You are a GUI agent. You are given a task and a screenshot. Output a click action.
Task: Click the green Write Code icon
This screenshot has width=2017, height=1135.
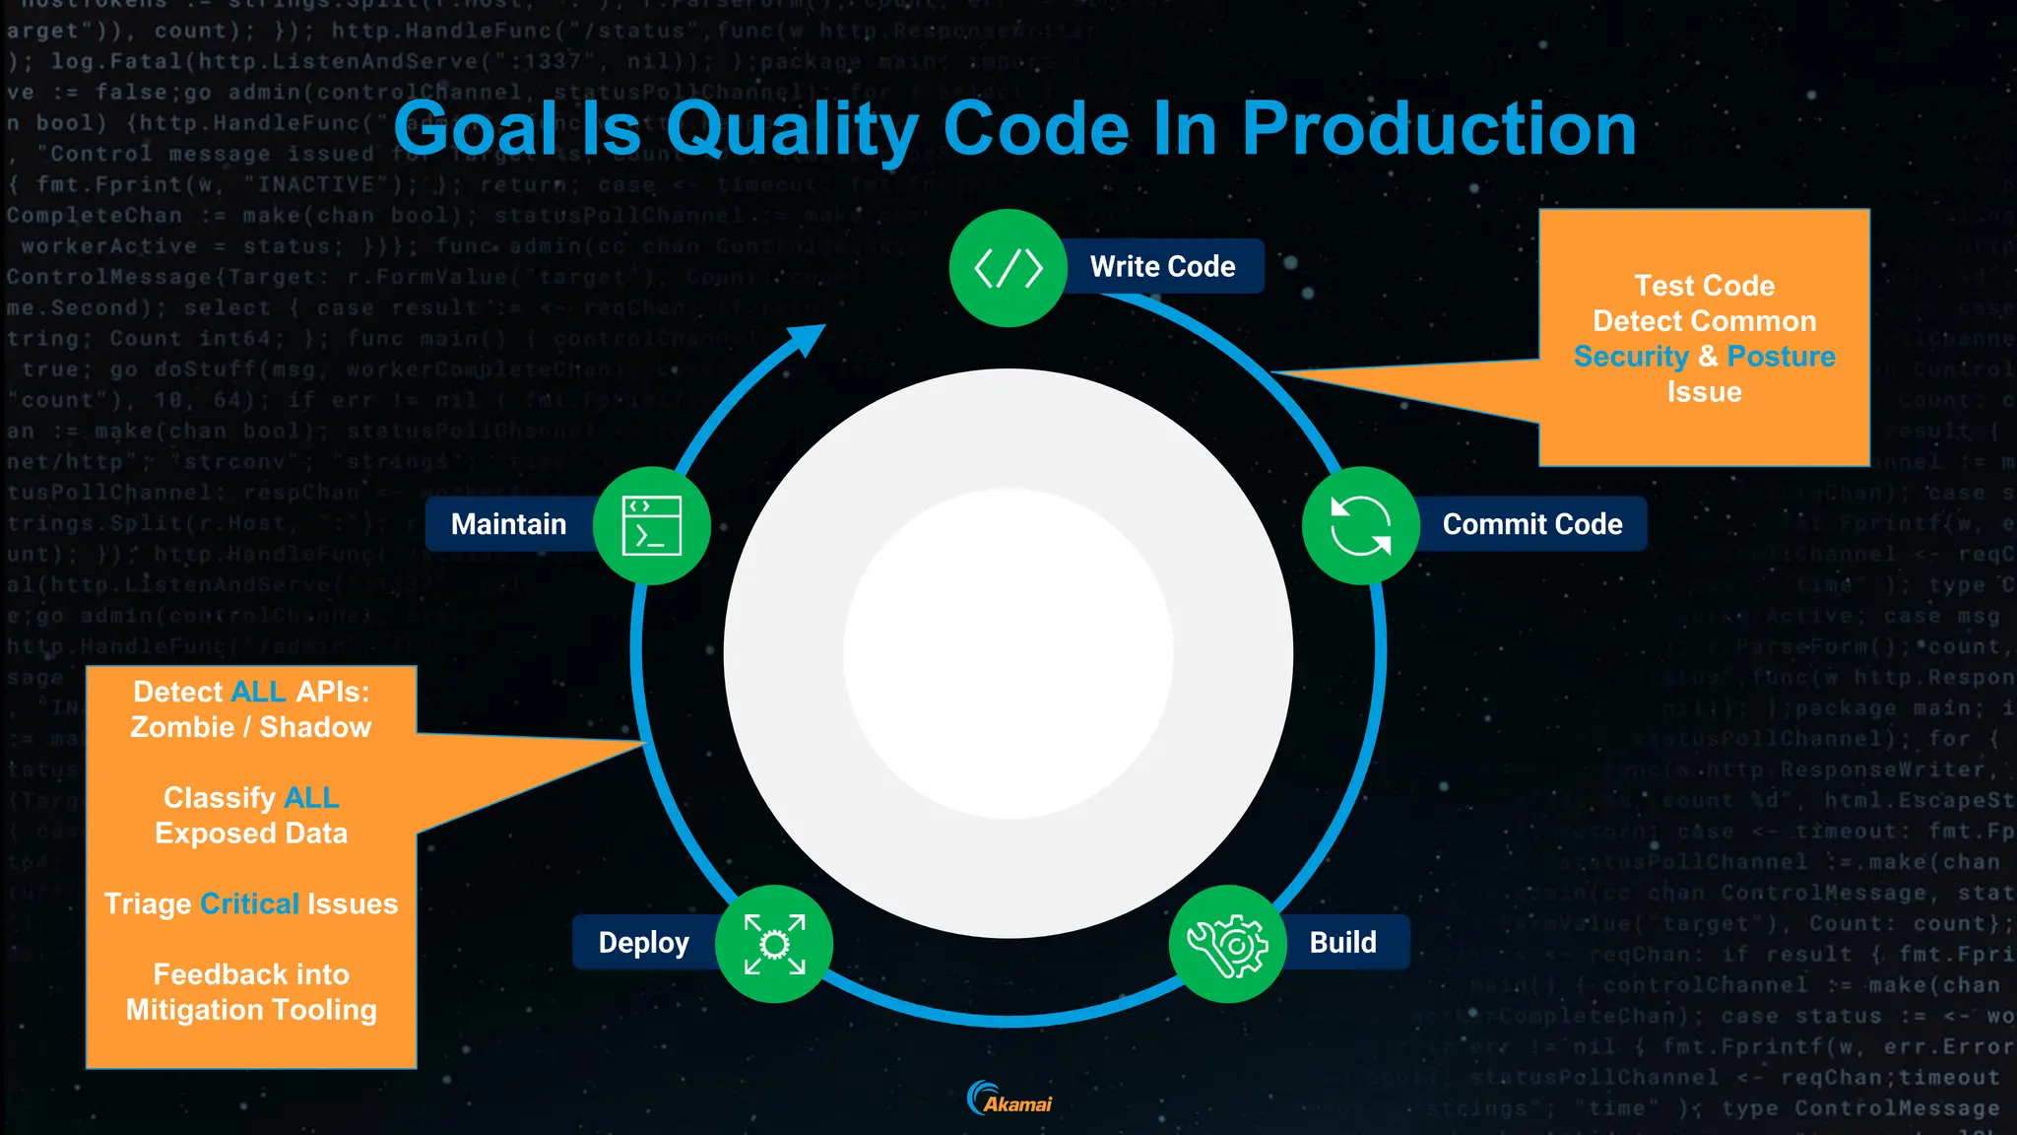pos(1008,268)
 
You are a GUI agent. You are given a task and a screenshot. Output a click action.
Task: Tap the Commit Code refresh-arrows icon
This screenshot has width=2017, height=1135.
pos(1360,525)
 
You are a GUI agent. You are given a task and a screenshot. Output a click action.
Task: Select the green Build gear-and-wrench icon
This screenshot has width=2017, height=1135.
pos(1227,944)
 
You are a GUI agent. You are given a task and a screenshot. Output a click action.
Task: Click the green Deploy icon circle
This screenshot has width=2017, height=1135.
pos(774,944)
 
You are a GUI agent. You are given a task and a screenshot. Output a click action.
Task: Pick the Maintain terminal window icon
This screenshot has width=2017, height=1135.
pos(651,525)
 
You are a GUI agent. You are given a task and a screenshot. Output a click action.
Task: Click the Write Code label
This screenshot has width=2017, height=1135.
pos(1162,266)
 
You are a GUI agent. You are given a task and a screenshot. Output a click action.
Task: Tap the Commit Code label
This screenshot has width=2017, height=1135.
pos(1532,524)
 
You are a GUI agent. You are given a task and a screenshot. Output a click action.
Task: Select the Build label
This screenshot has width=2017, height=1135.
pos(1342,942)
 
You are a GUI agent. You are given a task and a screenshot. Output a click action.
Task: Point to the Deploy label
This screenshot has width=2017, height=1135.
pos(643,942)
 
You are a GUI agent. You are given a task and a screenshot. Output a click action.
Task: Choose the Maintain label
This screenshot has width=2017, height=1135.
pos(508,524)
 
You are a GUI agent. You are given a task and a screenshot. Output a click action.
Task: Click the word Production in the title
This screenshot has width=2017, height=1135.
pos(1438,129)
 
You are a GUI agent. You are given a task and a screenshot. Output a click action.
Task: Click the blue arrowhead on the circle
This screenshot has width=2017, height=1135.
pos(807,340)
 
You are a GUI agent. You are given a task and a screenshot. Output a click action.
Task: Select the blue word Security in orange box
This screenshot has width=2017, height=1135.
pos(1631,356)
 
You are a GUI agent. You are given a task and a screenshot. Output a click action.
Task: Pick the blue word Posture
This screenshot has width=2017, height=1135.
pos(1781,356)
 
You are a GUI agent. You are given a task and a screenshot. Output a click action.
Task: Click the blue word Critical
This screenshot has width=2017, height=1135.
pos(249,903)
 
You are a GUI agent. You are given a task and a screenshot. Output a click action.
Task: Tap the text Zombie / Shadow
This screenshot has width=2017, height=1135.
pos(251,727)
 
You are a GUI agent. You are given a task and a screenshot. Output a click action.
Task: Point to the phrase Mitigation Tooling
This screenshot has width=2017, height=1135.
pos(251,1010)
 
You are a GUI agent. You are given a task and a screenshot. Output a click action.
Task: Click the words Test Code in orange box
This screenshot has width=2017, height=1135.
pos(1704,286)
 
